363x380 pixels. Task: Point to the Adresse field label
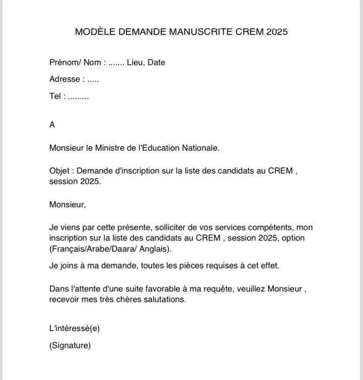point(65,79)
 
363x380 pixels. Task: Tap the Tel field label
point(55,96)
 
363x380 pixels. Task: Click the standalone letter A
point(52,124)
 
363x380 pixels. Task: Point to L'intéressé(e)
point(74,329)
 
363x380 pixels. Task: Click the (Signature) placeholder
point(70,346)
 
